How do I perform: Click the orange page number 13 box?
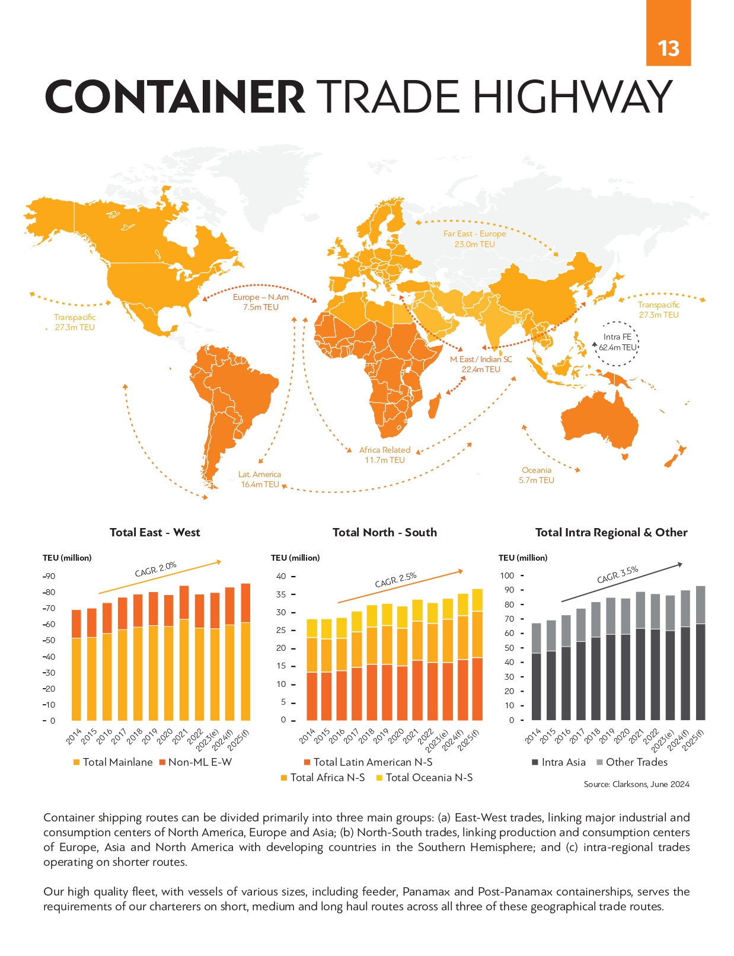point(668,33)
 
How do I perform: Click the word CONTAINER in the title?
point(175,97)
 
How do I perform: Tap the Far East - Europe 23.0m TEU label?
point(474,238)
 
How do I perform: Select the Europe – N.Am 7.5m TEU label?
point(260,302)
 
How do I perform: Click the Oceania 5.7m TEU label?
point(536,475)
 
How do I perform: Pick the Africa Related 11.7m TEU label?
point(385,455)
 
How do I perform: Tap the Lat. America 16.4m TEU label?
point(260,479)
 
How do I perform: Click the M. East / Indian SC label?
point(481,359)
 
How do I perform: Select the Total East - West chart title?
point(155,532)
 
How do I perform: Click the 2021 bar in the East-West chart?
point(184,653)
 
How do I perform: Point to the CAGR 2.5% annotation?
point(395,580)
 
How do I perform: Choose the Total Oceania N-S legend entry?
point(424,778)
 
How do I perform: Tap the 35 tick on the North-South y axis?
point(281,594)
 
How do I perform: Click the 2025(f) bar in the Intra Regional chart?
point(700,653)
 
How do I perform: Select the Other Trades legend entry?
point(632,762)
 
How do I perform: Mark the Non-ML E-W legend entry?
point(195,762)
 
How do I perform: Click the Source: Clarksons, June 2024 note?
point(636,784)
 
